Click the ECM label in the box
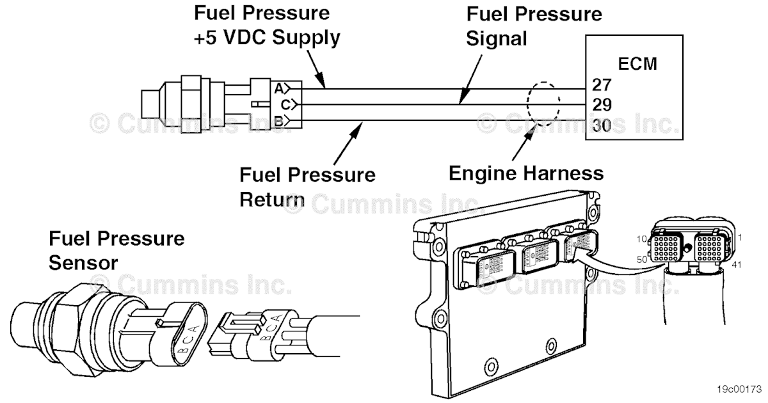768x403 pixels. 637,64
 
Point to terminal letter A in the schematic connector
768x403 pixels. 279,87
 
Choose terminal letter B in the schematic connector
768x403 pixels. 279,120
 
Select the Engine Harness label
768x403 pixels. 525,173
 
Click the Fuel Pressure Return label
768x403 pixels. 307,185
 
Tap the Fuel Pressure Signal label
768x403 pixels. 534,26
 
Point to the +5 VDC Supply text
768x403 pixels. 267,37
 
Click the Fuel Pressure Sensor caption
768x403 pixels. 116,250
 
